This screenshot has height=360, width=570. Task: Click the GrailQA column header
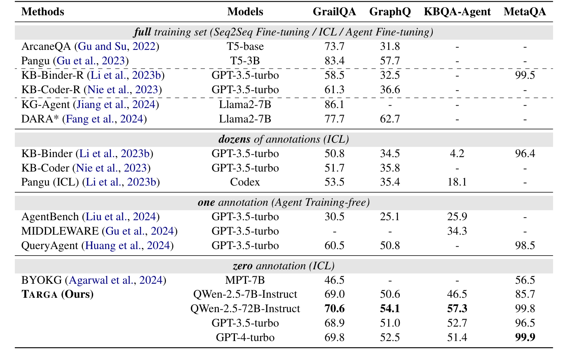click(334, 12)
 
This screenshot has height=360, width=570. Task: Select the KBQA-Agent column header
click(457, 12)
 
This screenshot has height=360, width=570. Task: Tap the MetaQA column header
click(525, 12)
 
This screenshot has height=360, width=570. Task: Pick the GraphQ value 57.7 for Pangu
click(390, 61)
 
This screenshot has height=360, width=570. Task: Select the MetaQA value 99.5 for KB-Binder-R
click(525, 75)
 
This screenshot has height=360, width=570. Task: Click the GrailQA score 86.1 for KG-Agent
click(334, 104)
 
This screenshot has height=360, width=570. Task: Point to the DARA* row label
click(40, 119)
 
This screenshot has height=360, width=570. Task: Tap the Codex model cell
click(245, 182)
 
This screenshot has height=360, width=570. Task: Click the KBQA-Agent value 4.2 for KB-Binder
click(457, 154)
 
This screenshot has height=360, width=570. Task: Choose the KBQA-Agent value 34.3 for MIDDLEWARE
click(457, 231)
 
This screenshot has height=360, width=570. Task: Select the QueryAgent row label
click(49, 246)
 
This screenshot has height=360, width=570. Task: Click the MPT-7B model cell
click(245, 280)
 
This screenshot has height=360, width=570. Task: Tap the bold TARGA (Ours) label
click(57, 294)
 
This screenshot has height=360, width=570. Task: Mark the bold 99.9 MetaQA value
click(525, 338)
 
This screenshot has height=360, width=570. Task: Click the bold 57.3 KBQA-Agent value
click(457, 309)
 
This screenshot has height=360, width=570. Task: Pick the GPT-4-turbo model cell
click(245, 338)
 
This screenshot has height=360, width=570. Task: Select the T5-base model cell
click(245, 47)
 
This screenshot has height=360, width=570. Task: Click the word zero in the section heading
click(242, 266)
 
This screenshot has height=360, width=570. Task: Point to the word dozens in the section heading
click(235, 139)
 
